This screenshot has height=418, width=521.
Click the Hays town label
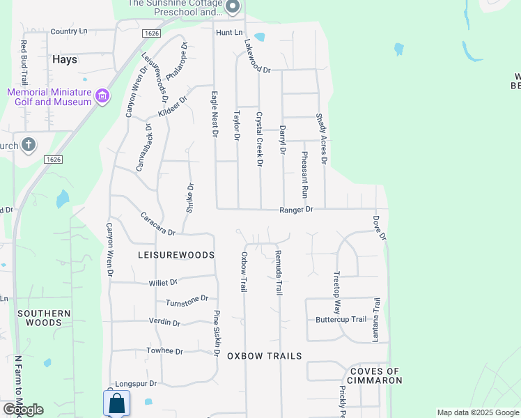coord(64,60)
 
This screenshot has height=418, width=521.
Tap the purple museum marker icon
coord(102,95)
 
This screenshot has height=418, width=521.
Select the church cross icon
coord(28,145)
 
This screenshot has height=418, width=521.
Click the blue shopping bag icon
coord(116,403)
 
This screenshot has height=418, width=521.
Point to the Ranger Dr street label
coord(297,209)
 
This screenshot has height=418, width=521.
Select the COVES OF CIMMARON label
coord(376,376)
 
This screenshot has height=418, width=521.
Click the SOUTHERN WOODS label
coord(44,318)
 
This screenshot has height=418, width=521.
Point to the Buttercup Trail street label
coord(341,320)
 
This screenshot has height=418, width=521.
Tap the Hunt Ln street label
coord(228,33)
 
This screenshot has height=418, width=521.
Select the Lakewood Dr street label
coord(256,56)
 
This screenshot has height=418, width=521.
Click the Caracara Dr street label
coord(158,223)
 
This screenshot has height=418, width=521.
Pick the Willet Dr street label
coord(163,283)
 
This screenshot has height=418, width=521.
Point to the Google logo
coord(23,410)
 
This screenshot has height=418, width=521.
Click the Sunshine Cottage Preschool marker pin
coord(233,8)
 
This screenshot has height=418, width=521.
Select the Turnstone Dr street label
coord(187,301)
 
